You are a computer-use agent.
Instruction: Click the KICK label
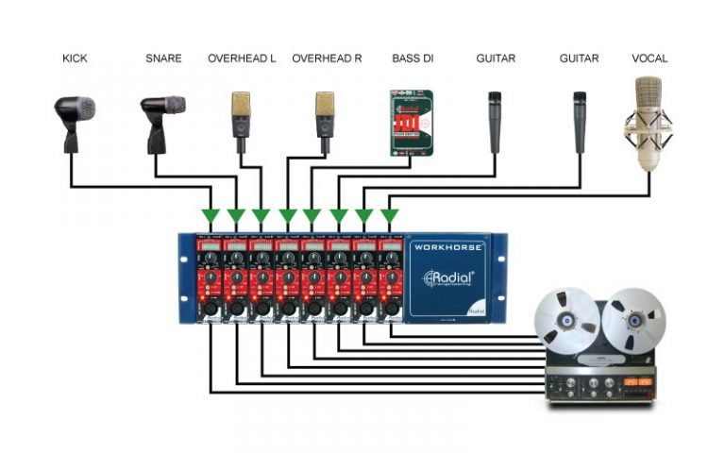pyautogui.click(x=75, y=59)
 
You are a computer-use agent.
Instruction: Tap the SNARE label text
pyautogui.click(x=163, y=59)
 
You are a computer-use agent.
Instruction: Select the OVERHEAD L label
pyautogui.click(x=242, y=59)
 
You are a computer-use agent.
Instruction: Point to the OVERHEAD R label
pyautogui.click(x=327, y=59)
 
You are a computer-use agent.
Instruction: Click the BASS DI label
pyautogui.click(x=412, y=59)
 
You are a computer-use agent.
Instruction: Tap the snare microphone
pyautogui.click(x=161, y=118)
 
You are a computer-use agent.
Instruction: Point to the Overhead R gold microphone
pyautogui.click(x=326, y=118)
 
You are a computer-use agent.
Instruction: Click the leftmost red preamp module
pyautogui.click(x=210, y=278)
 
